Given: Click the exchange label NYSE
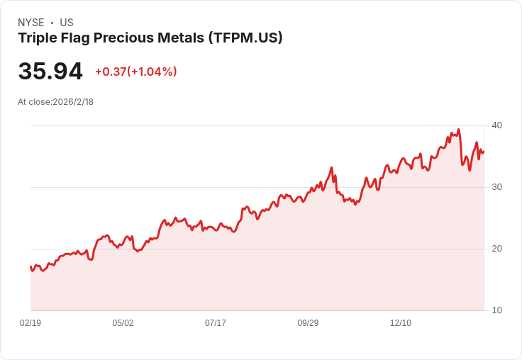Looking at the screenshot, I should coord(30,23).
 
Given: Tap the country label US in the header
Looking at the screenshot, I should coord(67,23).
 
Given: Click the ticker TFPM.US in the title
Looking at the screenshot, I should coord(245,38).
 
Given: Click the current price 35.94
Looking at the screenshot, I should coord(50,72).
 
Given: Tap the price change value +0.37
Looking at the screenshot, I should coord(111,72).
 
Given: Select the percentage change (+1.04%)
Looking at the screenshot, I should coord(152,72).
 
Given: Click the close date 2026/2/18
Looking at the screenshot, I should coord(73,102).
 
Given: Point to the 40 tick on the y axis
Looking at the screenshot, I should coord(496,125).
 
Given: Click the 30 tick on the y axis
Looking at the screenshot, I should coord(496,187).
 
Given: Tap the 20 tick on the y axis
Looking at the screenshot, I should coord(496,249).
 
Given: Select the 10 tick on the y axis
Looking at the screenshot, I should coord(496,310).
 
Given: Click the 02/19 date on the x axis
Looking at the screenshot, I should coord(30,323).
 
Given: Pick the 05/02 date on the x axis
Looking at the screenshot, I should coord(123,323).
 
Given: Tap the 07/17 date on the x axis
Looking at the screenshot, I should coord(216,323).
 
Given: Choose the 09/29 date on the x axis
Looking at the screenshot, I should coord(308,323).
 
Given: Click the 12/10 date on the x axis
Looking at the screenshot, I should coord(401,323).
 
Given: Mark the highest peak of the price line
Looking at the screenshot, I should coord(459,130).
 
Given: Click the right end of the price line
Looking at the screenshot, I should coord(484,152).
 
